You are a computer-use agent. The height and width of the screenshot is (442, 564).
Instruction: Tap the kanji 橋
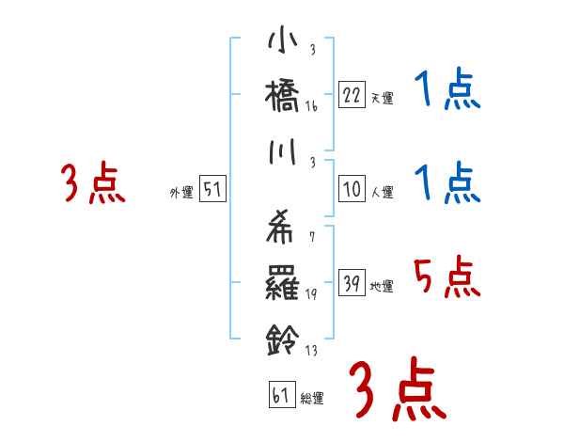click(283, 96)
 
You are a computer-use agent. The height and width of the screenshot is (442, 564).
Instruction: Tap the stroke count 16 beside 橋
click(312, 108)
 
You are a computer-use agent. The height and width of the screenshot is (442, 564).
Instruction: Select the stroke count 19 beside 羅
click(312, 293)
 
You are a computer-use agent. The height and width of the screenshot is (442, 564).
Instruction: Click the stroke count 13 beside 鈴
click(312, 353)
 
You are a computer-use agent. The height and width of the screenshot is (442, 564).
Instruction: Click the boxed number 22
click(352, 95)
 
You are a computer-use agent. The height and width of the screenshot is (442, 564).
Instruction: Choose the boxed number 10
click(352, 189)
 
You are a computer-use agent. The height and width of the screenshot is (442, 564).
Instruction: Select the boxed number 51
click(212, 189)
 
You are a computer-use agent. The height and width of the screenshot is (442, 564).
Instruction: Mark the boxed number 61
click(279, 396)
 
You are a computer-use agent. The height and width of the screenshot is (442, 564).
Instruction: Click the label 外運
click(180, 193)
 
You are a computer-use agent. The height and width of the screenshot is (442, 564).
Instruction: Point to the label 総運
click(312, 399)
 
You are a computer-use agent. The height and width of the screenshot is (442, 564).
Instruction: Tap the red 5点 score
click(446, 278)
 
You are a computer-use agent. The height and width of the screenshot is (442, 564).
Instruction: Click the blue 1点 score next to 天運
click(446, 91)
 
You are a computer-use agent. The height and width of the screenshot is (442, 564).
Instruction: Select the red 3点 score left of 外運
click(91, 183)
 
